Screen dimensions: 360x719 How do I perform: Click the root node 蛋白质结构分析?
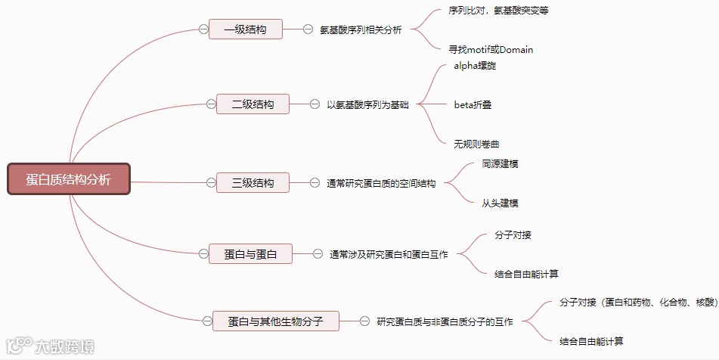pyautogui.click(x=69, y=179)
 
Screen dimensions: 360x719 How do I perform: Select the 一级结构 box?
pyautogui.click(x=246, y=29)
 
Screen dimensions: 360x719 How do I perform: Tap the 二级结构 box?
pyautogui.click(x=253, y=104)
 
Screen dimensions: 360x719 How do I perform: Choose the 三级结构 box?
pyautogui.click(x=253, y=182)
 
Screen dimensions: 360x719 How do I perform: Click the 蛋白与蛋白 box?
pyautogui.click(x=251, y=254)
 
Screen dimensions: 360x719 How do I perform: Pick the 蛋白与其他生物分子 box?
pyautogui.click(x=275, y=321)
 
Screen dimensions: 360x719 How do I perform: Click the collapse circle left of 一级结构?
pyautogui.click(x=203, y=29)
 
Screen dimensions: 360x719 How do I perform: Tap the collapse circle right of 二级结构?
pyautogui.click(x=315, y=104)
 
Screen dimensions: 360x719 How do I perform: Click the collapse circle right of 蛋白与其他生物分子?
pyautogui.click(x=364, y=321)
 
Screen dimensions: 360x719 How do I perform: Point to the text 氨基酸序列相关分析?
pyautogui.click(x=361, y=29)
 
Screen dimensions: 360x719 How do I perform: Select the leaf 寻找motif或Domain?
pyautogui.click(x=491, y=50)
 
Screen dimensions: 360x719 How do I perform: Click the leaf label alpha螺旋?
pyautogui.click(x=475, y=66)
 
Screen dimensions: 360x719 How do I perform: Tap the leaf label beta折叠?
pyautogui.click(x=473, y=104)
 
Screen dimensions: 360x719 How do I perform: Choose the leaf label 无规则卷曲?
pyautogui.click(x=476, y=143)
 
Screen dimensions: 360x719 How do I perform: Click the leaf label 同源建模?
pyautogui.click(x=500, y=163)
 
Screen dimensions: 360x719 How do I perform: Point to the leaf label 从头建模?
pyautogui.click(x=500, y=203)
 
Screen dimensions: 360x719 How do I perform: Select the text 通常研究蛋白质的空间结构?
pyautogui.click(x=381, y=183)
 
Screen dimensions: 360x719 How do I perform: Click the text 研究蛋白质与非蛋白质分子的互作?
pyautogui.click(x=445, y=321)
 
